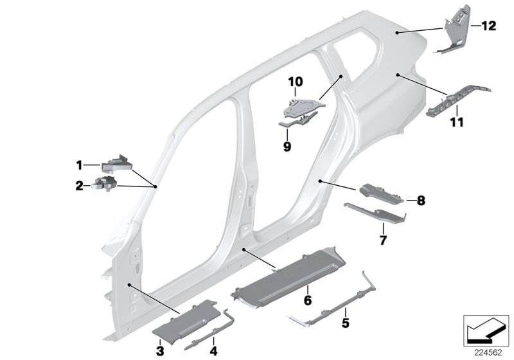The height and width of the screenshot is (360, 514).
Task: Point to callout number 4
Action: point(214,351)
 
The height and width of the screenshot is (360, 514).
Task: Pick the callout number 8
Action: point(421,201)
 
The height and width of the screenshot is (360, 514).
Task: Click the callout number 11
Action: point(457,122)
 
